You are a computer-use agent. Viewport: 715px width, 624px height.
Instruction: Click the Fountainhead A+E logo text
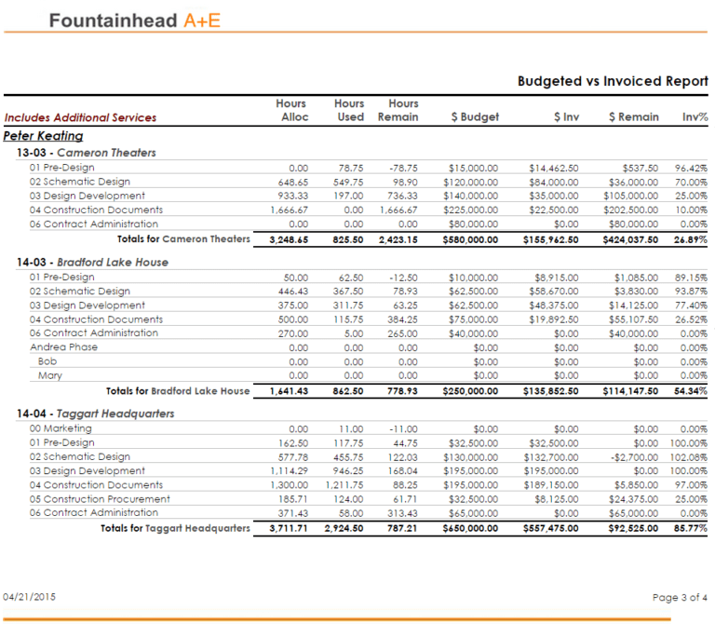(x=135, y=20)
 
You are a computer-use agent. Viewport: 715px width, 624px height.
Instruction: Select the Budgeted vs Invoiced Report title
(x=613, y=82)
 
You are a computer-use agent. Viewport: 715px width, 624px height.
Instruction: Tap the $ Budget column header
(x=475, y=117)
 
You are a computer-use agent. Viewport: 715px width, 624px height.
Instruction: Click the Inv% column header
(x=695, y=117)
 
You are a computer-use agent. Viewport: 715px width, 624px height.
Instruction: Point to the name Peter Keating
(x=44, y=136)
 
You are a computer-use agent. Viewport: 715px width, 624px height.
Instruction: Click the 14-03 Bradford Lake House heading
(x=92, y=263)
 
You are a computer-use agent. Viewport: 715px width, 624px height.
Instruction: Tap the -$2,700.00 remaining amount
(x=633, y=457)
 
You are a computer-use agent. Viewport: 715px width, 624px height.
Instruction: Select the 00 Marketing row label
(x=61, y=428)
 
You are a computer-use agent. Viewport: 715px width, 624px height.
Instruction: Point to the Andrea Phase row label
(x=63, y=346)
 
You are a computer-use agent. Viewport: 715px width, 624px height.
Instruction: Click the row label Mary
(x=50, y=375)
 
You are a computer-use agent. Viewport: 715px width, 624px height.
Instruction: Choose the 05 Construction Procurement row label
(x=100, y=499)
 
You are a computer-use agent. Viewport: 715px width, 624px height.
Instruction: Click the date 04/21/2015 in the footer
(x=30, y=596)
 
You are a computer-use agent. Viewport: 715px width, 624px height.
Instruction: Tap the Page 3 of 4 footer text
(x=681, y=597)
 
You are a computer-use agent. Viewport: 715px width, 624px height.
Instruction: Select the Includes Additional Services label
(x=80, y=117)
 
